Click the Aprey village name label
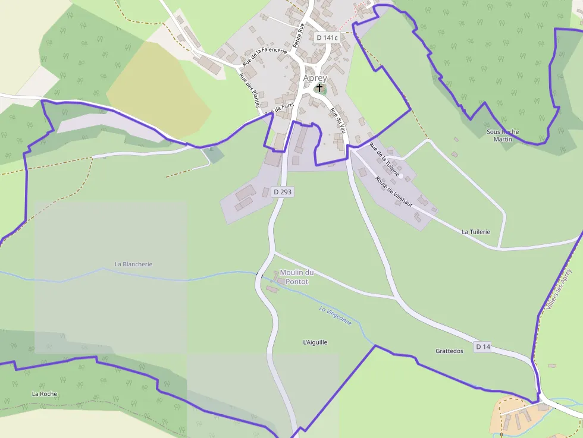pos(315,78)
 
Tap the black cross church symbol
pos(319,88)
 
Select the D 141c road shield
pos(327,37)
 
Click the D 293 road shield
pos(283,192)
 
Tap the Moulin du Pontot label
pos(296,277)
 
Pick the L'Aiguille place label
pos(315,342)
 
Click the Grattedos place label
pos(449,351)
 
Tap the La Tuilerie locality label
pos(476,232)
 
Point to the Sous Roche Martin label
pos(503,136)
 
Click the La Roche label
pos(45,393)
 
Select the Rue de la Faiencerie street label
pos(265,56)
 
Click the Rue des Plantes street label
pos(248,91)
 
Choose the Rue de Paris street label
pos(280,109)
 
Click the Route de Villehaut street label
pos(393,191)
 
